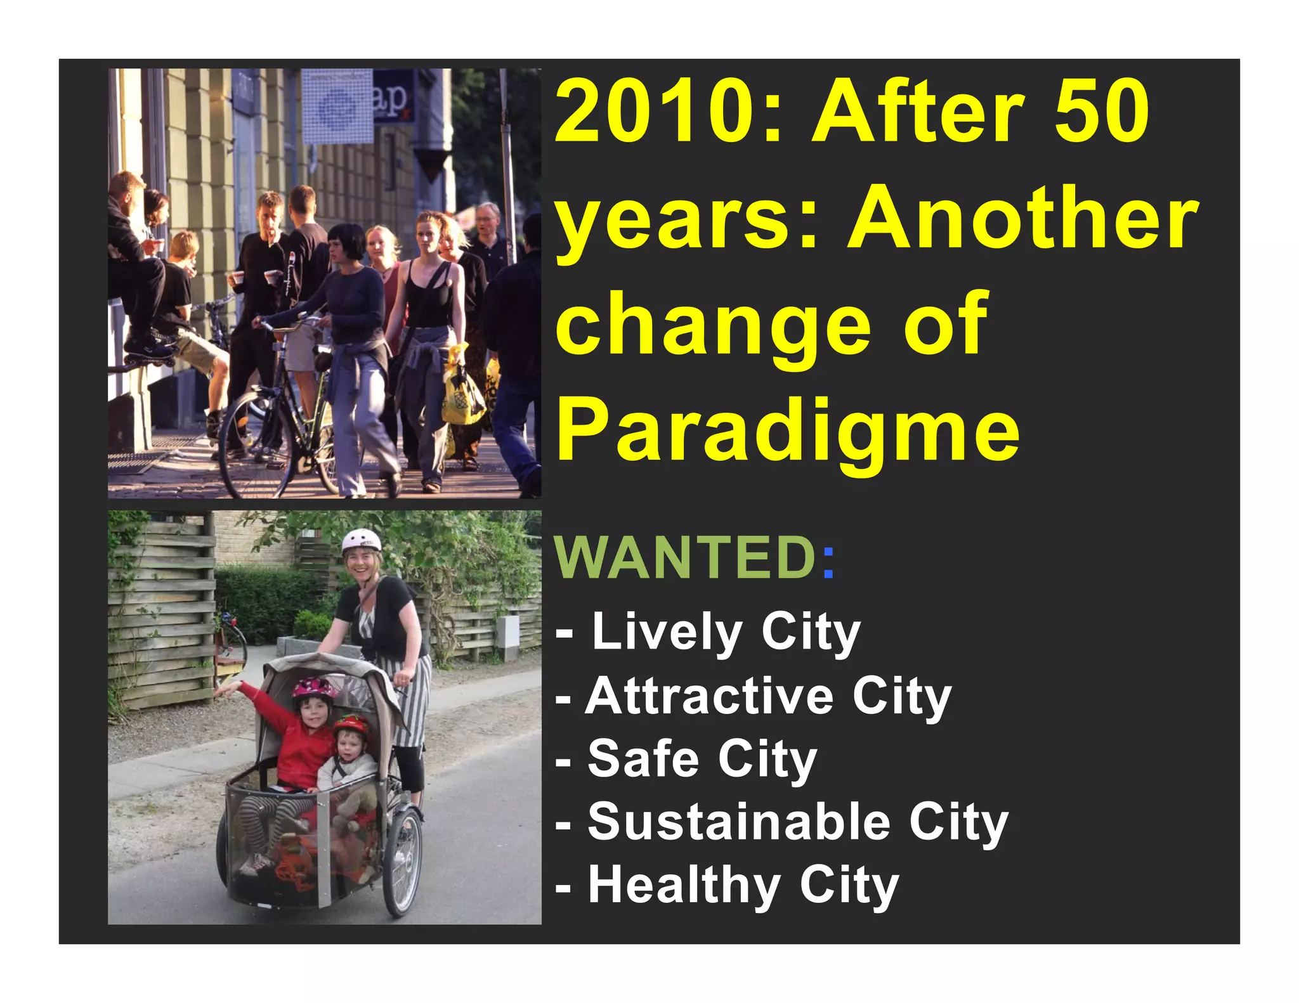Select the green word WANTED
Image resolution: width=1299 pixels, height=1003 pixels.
(x=685, y=558)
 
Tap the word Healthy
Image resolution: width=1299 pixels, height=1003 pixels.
(x=684, y=886)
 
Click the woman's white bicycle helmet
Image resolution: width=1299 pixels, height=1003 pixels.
(x=361, y=541)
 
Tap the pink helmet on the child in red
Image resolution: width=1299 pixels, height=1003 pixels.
(x=314, y=687)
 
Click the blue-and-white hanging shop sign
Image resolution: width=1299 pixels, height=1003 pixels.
(x=337, y=107)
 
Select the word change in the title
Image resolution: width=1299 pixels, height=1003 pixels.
(x=713, y=325)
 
